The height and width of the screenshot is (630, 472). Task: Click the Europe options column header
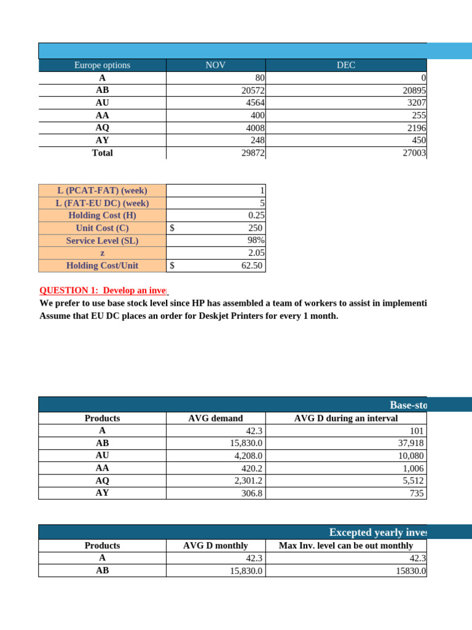click(x=102, y=65)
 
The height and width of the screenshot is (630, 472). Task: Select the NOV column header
click(x=215, y=65)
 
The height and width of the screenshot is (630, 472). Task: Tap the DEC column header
click(x=346, y=65)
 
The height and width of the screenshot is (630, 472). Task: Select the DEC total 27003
click(x=414, y=153)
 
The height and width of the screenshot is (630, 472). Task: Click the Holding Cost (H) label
click(x=102, y=215)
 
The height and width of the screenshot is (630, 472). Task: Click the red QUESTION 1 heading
click(x=103, y=290)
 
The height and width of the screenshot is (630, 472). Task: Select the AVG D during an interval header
click(x=346, y=418)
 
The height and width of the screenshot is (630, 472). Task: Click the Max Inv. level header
click(x=346, y=545)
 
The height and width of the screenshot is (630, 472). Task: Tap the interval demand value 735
click(x=418, y=493)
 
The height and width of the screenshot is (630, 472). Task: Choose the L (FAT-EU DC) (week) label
click(x=102, y=203)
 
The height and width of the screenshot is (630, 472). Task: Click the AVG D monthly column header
click(x=215, y=545)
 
